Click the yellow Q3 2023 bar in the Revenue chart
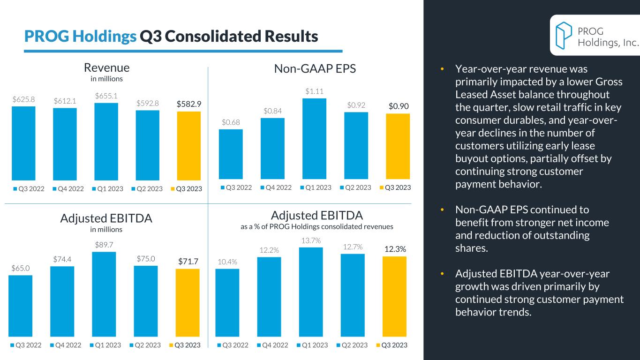(189, 146)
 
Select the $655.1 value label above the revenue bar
(106, 96)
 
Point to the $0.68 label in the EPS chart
(231, 122)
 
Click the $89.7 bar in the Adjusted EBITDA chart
(104, 294)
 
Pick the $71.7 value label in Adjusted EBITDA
(187, 261)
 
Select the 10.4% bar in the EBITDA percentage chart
(227, 303)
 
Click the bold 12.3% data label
(394, 249)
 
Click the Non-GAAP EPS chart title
(315, 69)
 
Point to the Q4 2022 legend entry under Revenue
(68, 189)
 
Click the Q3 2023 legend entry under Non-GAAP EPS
(395, 187)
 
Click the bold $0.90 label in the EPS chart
(399, 106)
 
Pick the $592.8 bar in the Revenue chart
(148, 145)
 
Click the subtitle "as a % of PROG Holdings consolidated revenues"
(316, 226)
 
